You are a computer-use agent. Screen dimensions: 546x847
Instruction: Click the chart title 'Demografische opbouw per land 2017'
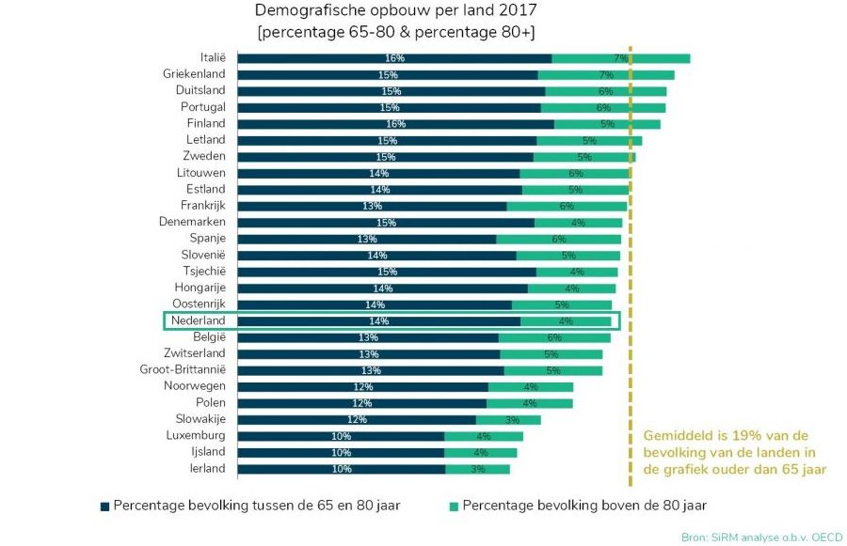(396, 11)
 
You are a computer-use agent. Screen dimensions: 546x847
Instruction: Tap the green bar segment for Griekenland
(605, 75)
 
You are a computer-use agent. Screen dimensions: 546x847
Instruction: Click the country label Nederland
(198, 320)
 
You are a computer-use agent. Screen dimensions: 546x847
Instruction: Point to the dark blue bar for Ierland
(341, 468)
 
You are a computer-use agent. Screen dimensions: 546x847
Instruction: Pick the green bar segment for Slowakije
(508, 419)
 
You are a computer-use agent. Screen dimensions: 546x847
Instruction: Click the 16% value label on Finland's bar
(395, 124)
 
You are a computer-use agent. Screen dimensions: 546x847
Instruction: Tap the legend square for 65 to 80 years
(104, 506)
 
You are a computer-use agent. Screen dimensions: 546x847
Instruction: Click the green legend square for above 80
(453, 506)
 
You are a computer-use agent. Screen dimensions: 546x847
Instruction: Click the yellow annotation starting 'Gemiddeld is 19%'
(734, 452)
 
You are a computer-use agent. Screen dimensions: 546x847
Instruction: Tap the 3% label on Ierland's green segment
(477, 469)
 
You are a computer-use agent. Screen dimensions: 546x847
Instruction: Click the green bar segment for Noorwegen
(531, 386)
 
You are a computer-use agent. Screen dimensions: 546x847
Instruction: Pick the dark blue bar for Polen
(361, 403)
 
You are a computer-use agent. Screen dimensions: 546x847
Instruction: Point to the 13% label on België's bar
(368, 337)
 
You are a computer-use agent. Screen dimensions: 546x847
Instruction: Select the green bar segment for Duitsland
(605, 91)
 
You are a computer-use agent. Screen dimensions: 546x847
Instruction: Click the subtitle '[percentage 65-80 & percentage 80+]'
(396, 32)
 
